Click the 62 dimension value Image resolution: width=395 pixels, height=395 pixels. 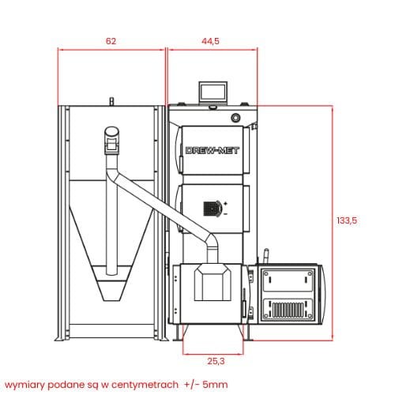click(x=111, y=41)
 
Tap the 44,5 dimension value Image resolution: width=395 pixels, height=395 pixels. click(x=210, y=41)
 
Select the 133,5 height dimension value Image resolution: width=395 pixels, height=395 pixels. click(x=347, y=220)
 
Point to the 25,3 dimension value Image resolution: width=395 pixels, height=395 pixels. click(x=216, y=361)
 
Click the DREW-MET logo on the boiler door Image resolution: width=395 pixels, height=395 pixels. click(x=213, y=151)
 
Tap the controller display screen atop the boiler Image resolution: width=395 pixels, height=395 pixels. click(x=213, y=92)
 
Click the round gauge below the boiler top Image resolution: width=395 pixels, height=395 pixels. click(x=235, y=118)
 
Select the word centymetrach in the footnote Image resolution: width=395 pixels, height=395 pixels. click(x=145, y=385)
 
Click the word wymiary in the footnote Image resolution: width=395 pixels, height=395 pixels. click(x=24, y=386)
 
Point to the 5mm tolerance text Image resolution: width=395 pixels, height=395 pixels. click(x=215, y=385)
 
